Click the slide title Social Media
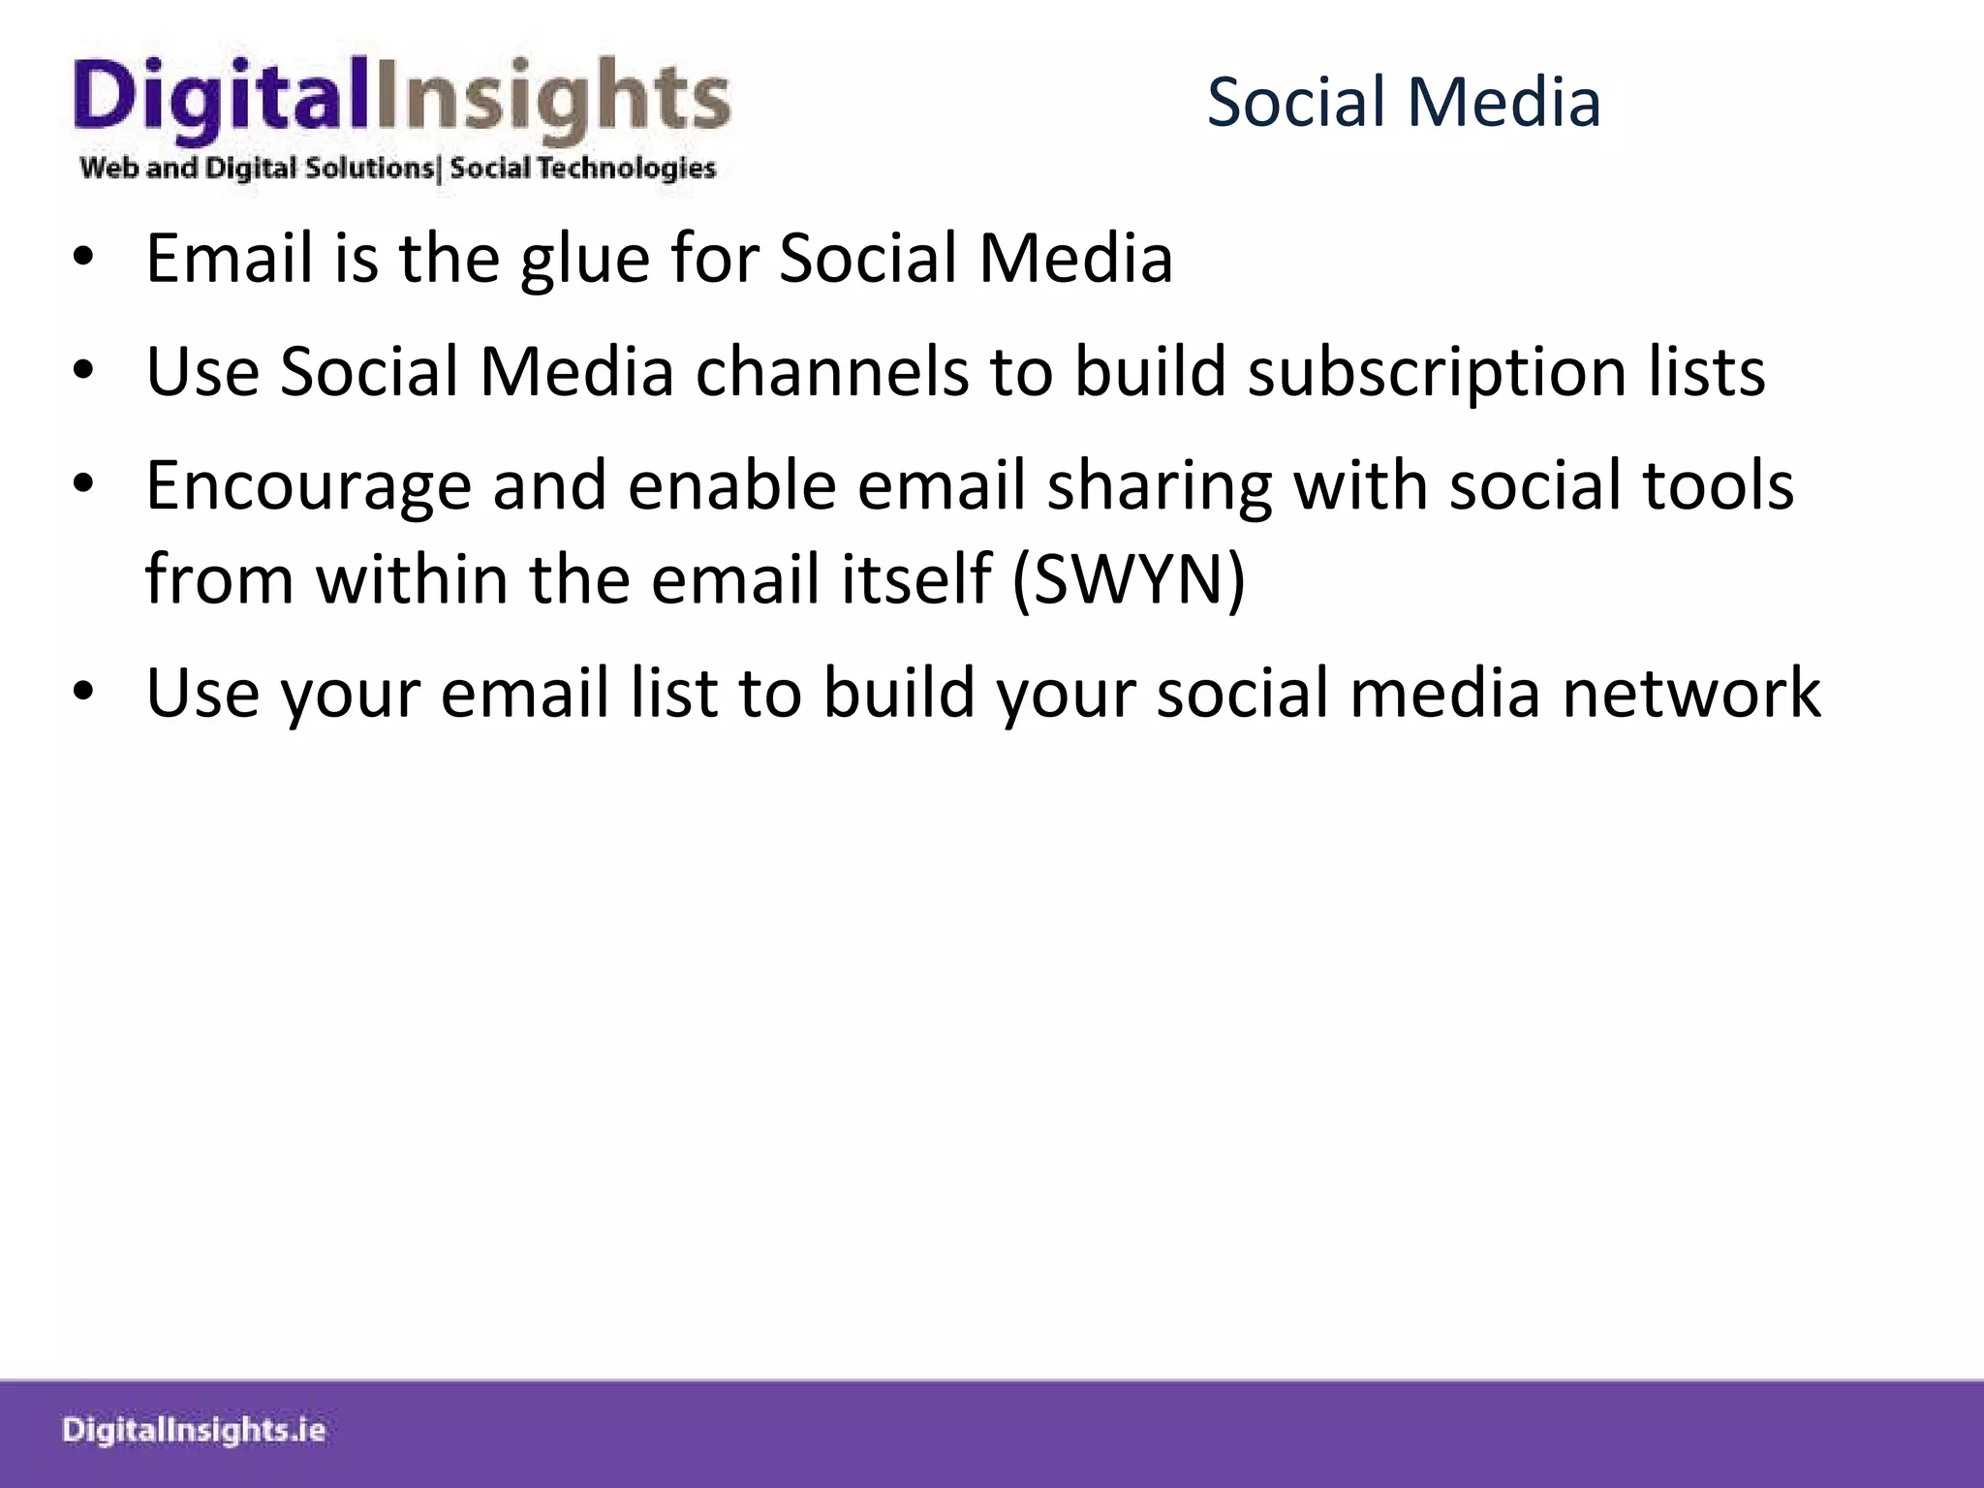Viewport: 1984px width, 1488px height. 1403,103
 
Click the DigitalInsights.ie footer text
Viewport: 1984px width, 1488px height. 194,1431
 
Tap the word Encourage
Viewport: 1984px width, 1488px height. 308,487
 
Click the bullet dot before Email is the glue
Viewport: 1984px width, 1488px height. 84,260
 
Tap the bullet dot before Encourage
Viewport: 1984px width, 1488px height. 84,485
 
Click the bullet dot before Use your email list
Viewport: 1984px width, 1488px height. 84,693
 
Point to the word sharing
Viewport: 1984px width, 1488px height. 1159,487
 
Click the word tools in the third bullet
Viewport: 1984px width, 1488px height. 1718,485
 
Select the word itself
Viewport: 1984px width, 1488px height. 914,579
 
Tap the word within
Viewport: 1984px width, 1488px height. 411,579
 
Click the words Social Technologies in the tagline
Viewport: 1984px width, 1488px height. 582,169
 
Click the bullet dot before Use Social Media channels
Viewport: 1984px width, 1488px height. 84,372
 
